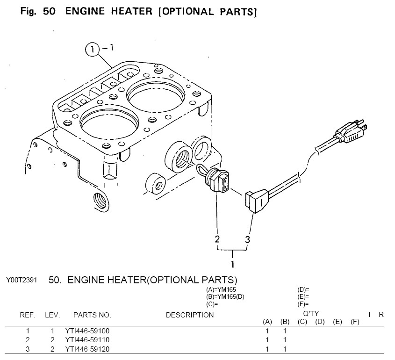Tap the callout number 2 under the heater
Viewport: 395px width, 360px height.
(x=217, y=239)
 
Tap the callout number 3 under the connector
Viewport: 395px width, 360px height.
(x=248, y=239)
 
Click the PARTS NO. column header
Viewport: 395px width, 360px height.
(x=92, y=315)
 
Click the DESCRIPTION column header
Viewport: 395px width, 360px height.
(x=190, y=315)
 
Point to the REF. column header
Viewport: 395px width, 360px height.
(x=28, y=315)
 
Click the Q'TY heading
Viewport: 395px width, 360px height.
(x=311, y=313)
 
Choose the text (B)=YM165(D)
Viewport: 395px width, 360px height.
(x=225, y=296)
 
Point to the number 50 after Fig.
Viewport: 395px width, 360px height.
(x=49, y=12)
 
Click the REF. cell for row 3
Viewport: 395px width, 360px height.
(x=28, y=349)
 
